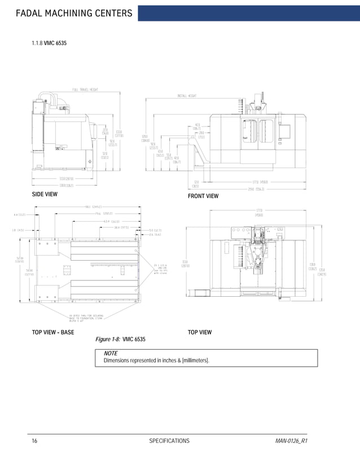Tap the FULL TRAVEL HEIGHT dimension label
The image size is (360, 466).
pos(85,89)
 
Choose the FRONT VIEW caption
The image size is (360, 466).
pos(203,196)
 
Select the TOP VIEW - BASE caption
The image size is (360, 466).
pos(52,332)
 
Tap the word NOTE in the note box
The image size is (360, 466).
pos(111,353)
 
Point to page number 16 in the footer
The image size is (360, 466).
pos(34,441)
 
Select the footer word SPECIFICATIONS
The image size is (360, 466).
pos(169,441)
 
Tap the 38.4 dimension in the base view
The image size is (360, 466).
pos(121,227)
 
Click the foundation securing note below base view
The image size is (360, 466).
pos(85,318)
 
